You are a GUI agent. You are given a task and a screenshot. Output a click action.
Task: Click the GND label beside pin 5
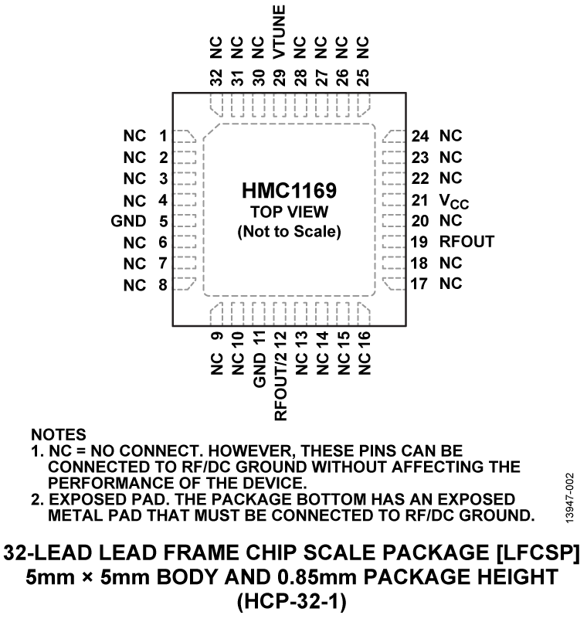point(128,221)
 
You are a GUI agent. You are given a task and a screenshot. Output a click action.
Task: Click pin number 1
point(163,136)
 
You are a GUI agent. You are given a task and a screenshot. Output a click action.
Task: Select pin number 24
point(420,136)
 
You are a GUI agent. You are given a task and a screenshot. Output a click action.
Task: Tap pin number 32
point(216,77)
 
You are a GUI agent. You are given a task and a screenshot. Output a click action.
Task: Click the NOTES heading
point(59,437)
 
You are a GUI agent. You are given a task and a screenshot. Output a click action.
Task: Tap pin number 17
point(420,284)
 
